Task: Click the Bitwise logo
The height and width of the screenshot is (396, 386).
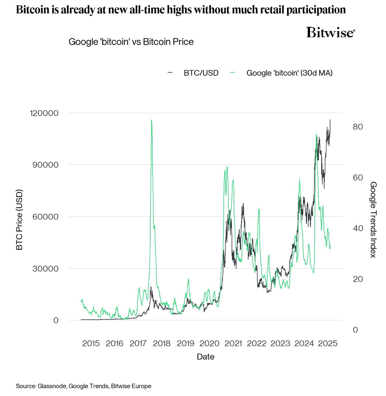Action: [330, 33]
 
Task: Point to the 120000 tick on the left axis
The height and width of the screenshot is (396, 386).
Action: [44, 113]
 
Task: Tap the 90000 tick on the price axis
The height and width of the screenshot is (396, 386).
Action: [46, 165]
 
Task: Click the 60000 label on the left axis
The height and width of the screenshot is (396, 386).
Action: [46, 217]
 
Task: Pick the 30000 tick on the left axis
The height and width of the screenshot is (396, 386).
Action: [46, 268]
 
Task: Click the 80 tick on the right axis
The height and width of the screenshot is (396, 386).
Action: [358, 127]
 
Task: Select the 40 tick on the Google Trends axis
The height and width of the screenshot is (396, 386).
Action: [358, 228]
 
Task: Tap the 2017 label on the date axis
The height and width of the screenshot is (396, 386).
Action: [138, 343]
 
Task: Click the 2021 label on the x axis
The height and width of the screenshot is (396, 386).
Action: [233, 343]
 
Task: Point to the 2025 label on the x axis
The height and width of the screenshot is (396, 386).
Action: [328, 343]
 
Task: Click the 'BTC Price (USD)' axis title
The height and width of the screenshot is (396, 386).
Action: [20, 220]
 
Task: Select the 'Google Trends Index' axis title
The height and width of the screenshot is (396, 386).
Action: [373, 220]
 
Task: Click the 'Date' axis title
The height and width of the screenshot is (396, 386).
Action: [206, 357]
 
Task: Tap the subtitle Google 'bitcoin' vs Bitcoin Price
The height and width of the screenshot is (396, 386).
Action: [131, 42]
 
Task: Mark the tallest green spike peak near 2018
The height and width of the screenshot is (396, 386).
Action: [151, 120]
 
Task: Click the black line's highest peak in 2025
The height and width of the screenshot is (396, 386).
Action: [330, 120]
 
